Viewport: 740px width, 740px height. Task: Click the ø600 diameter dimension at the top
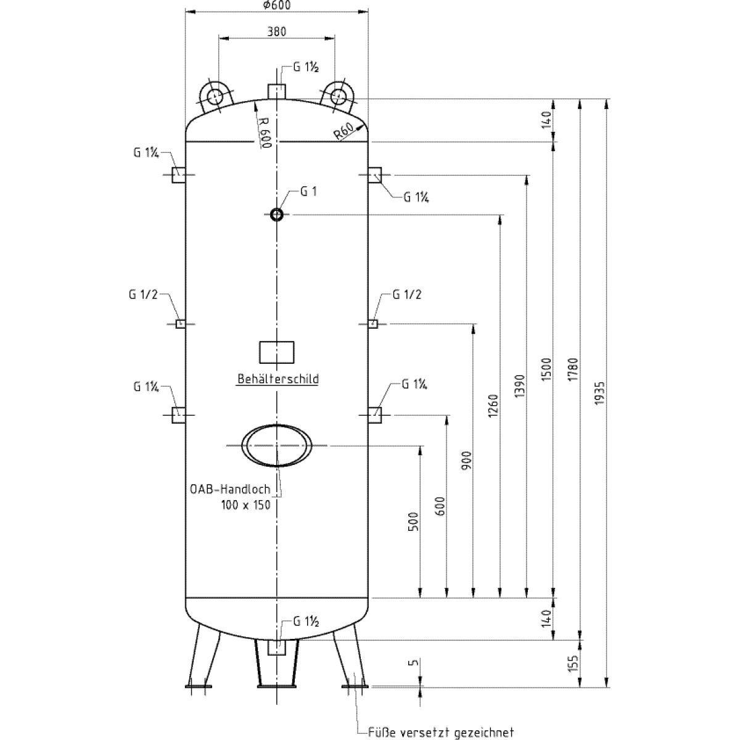click(276, 5)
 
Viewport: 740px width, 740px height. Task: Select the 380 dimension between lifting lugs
click(276, 31)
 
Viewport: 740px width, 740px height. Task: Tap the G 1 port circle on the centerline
click(276, 214)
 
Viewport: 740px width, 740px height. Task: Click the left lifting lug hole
click(215, 96)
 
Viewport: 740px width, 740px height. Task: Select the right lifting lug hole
click(337, 96)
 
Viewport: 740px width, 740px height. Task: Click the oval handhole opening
click(276, 445)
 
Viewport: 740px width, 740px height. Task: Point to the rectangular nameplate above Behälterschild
click(276, 353)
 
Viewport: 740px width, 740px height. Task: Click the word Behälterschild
click(278, 379)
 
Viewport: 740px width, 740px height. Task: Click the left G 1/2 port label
click(144, 295)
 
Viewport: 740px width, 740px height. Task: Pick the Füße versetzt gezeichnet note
click(440, 733)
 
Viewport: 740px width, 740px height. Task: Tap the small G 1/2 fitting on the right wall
click(372, 323)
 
